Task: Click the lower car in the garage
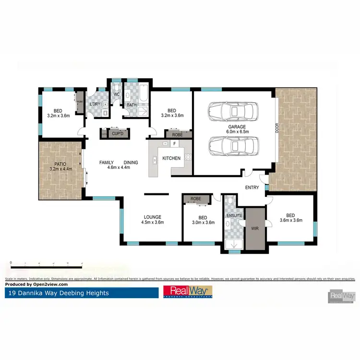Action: (234, 144)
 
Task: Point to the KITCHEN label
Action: (171, 158)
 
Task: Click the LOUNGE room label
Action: (152, 216)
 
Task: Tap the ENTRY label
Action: (252, 188)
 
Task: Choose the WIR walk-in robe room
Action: (254, 229)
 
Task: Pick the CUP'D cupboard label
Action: (118, 133)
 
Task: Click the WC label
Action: (116, 94)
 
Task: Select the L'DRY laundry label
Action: (95, 104)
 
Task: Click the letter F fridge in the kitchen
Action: (175, 143)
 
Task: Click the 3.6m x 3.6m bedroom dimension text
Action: (291, 221)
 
